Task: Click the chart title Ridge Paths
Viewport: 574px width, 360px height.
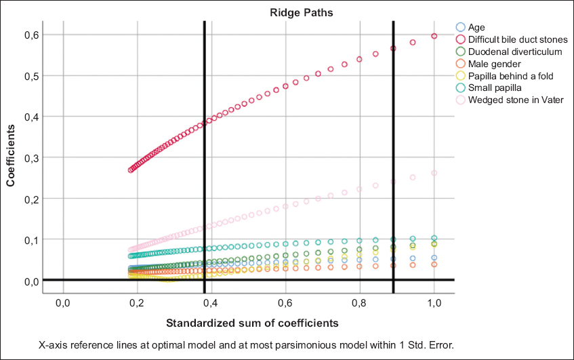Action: click(247, 12)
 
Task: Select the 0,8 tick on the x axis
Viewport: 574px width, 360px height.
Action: click(359, 302)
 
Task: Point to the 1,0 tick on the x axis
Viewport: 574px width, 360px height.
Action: click(434, 302)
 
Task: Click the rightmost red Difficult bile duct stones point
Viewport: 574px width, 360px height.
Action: click(434, 36)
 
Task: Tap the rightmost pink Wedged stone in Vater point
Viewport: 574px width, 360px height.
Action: click(434, 173)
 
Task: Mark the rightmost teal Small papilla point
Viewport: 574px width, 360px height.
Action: click(434, 238)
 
